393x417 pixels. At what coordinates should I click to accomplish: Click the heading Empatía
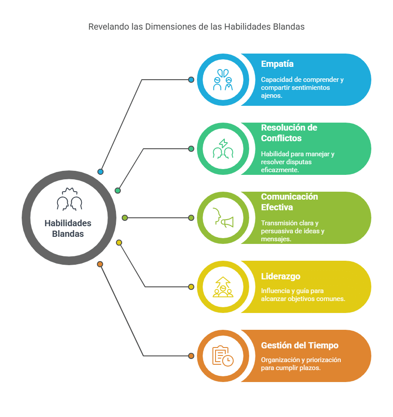(x=277, y=64)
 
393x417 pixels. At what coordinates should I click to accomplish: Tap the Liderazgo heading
(x=281, y=276)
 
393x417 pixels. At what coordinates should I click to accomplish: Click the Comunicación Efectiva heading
(x=289, y=202)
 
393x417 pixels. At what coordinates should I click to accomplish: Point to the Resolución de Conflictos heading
(x=289, y=133)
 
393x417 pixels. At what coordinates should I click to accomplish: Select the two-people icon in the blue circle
(x=223, y=80)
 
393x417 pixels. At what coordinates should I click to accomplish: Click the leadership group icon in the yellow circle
(x=223, y=287)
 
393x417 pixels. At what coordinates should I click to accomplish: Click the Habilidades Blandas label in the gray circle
(x=68, y=228)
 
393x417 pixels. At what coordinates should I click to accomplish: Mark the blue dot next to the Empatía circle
(x=191, y=80)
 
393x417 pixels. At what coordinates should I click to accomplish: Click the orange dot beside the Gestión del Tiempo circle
(x=191, y=356)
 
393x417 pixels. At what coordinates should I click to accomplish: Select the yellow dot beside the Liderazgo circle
(x=191, y=287)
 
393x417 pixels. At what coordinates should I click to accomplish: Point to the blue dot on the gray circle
(x=100, y=172)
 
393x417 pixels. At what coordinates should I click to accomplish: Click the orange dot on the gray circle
(x=100, y=264)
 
